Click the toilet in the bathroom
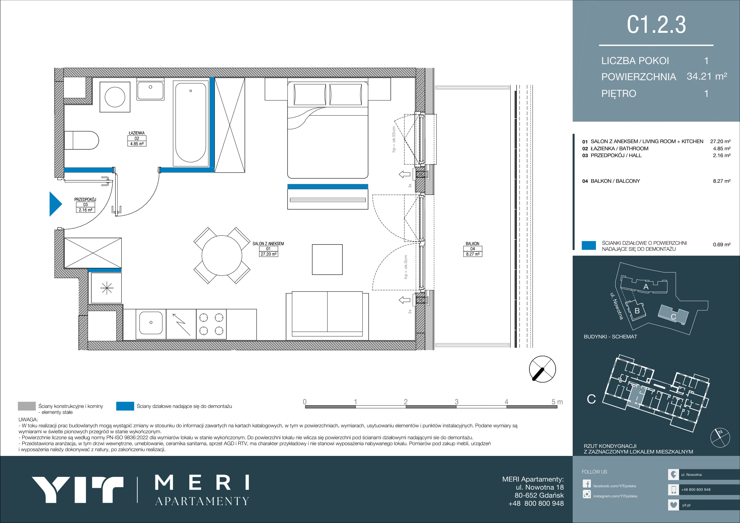[81, 140]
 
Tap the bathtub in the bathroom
[191, 123]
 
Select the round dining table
[222, 256]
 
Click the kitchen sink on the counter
[151, 323]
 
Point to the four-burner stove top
[211, 324]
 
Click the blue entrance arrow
[55, 204]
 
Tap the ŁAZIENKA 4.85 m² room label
[137, 139]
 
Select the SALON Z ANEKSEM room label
[268, 249]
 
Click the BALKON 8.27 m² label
[472, 249]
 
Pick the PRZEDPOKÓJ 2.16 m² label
[85, 205]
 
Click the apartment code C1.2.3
[656, 24]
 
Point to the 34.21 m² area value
[707, 76]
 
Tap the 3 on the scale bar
[456, 402]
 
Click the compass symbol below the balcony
[543, 369]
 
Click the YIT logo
[78, 490]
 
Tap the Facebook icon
[587, 484]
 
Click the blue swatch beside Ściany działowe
[125, 406]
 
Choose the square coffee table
[327, 259]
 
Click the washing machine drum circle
[115, 97]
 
